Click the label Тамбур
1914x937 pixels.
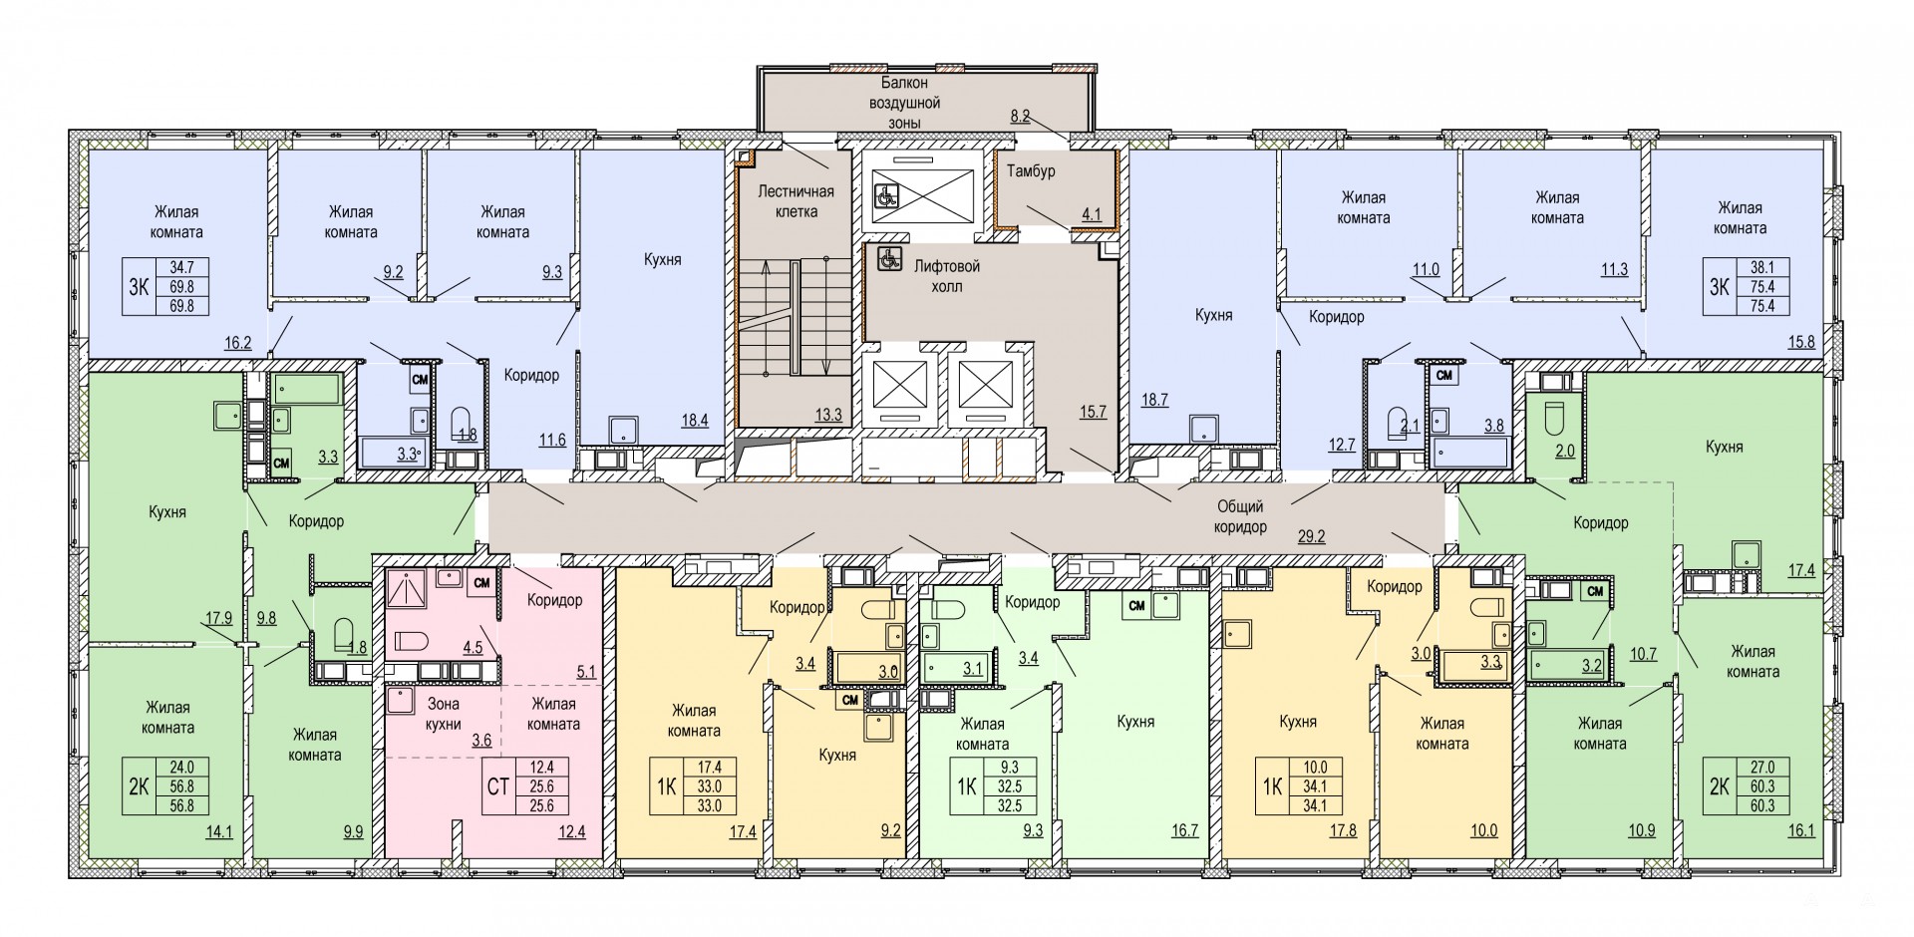coord(1031,171)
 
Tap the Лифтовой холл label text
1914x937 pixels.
coord(947,276)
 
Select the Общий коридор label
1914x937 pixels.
coord(1240,516)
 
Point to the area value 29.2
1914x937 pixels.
coord(1311,536)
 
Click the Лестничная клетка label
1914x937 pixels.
coord(796,200)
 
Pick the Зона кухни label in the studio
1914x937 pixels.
coord(444,714)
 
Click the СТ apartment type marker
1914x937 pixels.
coord(497,787)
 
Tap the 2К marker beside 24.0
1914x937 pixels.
coord(139,787)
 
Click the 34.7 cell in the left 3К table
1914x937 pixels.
coord(182,267)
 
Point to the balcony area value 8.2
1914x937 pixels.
coord(1018,116)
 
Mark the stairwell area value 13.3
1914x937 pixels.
coord(827,414)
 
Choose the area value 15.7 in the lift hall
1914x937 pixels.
coord(1093,411)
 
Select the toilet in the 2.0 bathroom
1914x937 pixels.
coord(1556,419)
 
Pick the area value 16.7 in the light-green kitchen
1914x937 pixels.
coord(1184,829)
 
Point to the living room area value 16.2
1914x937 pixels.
coord(237,343)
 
